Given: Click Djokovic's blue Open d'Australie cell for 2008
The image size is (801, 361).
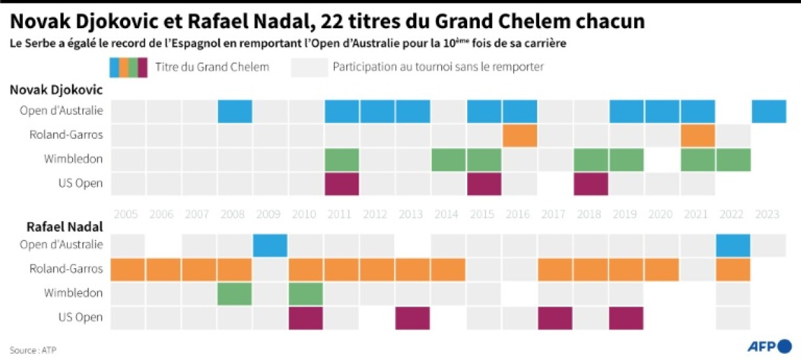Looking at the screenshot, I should pos(235,111).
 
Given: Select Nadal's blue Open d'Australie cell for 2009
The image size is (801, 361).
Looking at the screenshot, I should pos(270,245).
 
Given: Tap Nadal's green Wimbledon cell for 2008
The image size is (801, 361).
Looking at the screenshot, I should pos(235,294).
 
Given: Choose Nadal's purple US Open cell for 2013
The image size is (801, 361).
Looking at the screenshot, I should pos(413,318).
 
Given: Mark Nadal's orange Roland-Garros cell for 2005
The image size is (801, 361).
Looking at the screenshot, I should pos(128,269).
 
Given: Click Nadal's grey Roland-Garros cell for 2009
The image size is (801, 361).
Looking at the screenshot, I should pos(270,269).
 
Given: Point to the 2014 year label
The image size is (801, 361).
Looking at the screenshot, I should pos(448,214).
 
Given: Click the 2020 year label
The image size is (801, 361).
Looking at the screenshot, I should pos(662,214).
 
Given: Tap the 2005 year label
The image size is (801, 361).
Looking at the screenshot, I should pos(127,214).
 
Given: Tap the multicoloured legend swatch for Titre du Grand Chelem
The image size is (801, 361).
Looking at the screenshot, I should pos(128,67).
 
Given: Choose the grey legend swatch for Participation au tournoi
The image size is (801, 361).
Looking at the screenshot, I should pos(310,67).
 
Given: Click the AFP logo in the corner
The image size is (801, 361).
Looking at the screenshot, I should pos(769,346).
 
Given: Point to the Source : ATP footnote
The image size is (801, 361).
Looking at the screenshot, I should pos(33,350).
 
